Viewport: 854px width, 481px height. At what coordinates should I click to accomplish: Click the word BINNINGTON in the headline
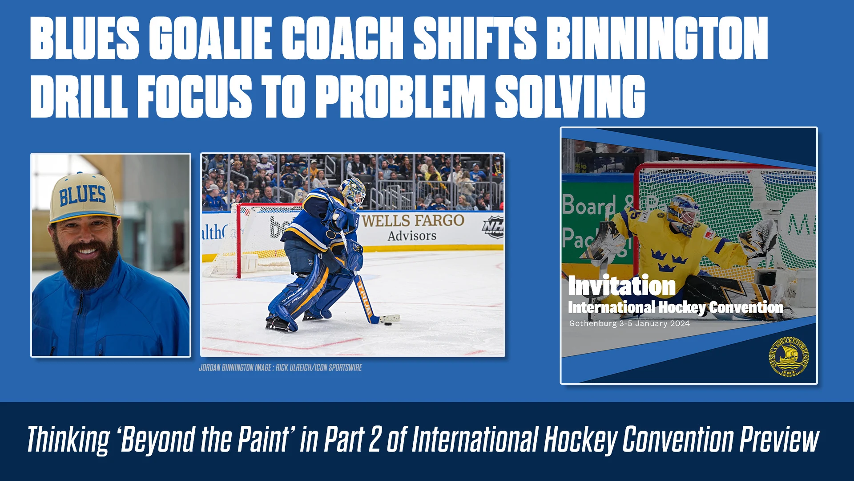pyautogui.click(x=657, y=38)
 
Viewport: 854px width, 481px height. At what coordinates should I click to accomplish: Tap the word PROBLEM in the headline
pyautogui.click(x=402, y=96)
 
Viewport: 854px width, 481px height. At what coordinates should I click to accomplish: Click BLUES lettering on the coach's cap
pyautogui.click(x=83, y=195)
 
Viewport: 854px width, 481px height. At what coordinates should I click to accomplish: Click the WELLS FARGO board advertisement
pyautogui.click(x=413, y=227)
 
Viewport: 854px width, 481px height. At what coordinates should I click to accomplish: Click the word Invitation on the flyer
pyautogui.click(x=621, y=286)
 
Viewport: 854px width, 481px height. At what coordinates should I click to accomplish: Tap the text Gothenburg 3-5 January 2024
pyautogui.click(x=629, y=324)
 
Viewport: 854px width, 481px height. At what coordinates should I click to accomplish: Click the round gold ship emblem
pyautogui.click(x=789, y=357)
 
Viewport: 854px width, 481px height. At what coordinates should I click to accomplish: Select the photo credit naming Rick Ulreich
pyautogui.click(x=280, y=368)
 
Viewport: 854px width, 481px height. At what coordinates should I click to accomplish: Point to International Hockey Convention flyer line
pyautogui.click(x=675, y=307)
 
